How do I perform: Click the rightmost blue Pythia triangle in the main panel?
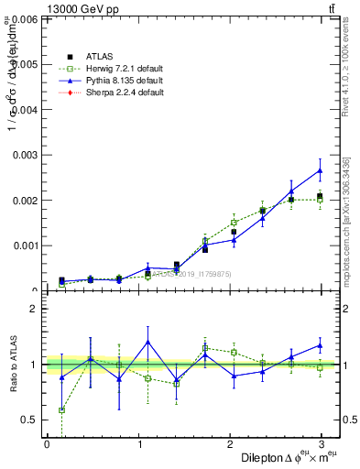pyautogui.click(x=320, y=170)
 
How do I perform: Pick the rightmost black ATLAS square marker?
pyautogui.click(x=320, y=196)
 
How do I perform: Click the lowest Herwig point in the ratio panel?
pyautogui.click(x=61, y=410)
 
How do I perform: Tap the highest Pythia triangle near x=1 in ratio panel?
pyautogui.click(x=147, y=342)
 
